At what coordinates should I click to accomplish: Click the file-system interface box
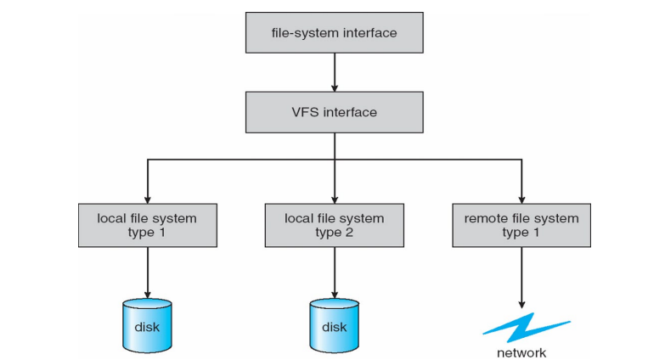click(334, 34)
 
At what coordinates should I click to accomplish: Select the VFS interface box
click(334, 111)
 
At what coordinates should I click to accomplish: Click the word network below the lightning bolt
click(521, 352)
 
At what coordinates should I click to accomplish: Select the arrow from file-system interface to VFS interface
click(334, 73)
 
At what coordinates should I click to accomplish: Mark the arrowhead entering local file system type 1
click(149, 195)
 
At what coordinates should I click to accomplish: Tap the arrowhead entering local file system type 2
click(334, 195)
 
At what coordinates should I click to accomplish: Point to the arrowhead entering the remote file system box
click(521, 195)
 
